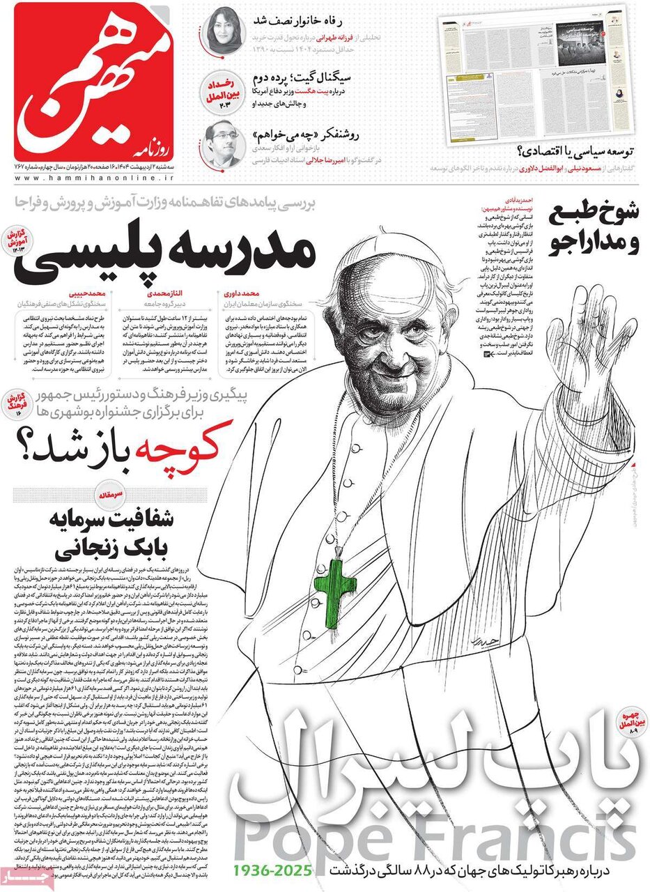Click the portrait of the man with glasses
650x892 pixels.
(x=225, y=143)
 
